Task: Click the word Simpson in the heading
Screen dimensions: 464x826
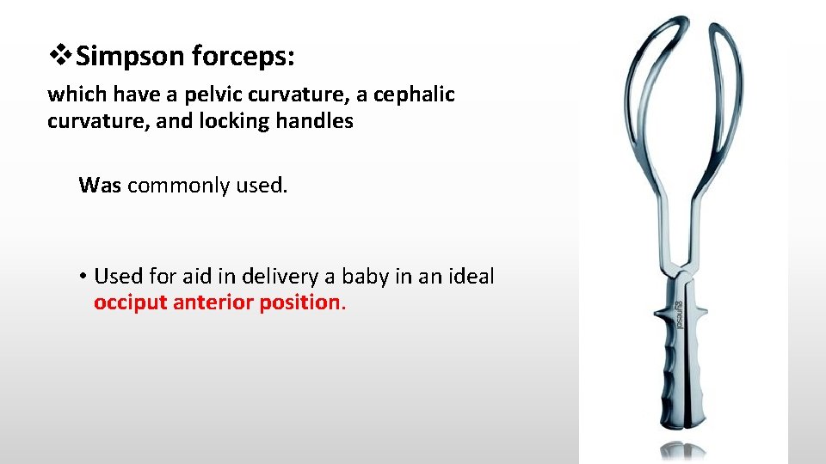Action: tap(130, 58)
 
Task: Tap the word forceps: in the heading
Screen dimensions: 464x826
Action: tap(243, 58)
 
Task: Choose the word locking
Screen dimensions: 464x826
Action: tap(234, 121)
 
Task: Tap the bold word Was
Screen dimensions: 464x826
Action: tap(101, 185)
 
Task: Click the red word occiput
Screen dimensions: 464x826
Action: tap(131, 302)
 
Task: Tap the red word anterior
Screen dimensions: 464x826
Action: tap(213, 302)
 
